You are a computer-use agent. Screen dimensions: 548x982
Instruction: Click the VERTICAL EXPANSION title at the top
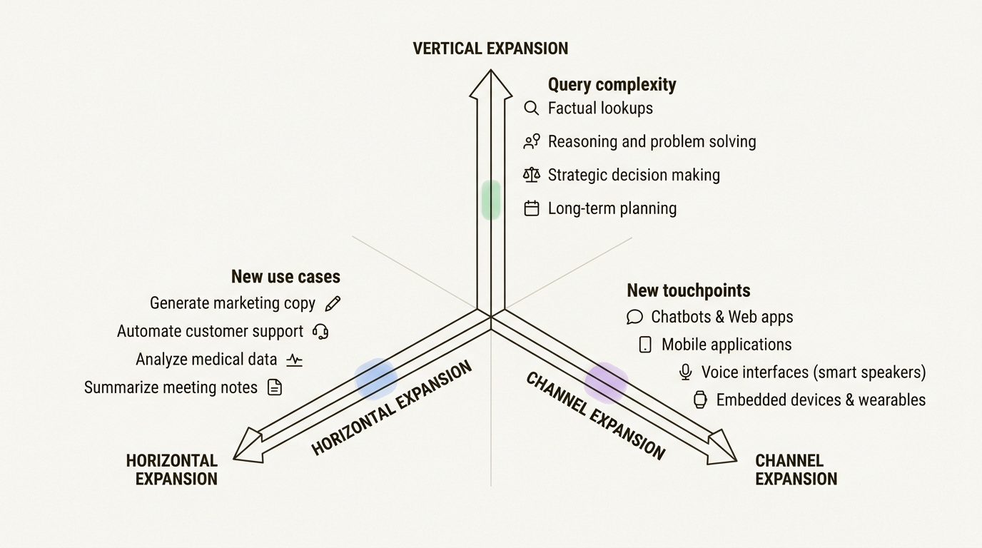click(490, 49)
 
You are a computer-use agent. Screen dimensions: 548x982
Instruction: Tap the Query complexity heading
click(612, 84)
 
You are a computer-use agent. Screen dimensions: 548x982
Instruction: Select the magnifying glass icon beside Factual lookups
click(531, 108)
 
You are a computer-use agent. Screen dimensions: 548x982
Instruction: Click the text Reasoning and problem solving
click(652, 141)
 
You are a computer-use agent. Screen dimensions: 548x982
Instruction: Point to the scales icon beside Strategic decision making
click(532, 175)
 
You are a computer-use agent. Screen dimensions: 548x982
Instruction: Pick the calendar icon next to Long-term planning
click(532, 208)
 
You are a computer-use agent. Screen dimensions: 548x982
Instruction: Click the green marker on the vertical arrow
click(491, 200)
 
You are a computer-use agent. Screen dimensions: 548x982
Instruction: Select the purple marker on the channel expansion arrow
click(606, 382)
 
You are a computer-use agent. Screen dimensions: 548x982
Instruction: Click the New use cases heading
click(285, 277)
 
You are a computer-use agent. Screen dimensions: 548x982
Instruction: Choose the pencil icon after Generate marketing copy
click(333, 303)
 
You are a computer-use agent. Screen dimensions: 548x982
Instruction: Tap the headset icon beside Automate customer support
click(321, 332)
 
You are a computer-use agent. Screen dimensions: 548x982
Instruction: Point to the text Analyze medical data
click(206, 360)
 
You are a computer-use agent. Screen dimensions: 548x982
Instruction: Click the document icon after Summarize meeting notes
click(275, 387)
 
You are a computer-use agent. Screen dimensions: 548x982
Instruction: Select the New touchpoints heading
click(688, 290)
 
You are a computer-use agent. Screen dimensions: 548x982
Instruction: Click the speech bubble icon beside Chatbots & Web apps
click(634, 317)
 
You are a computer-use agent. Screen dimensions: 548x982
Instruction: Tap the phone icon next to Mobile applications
click(645, 345)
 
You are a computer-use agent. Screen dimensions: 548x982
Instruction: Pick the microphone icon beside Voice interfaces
click(686, 372)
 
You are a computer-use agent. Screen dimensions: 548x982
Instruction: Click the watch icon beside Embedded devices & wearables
click(700, 400)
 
